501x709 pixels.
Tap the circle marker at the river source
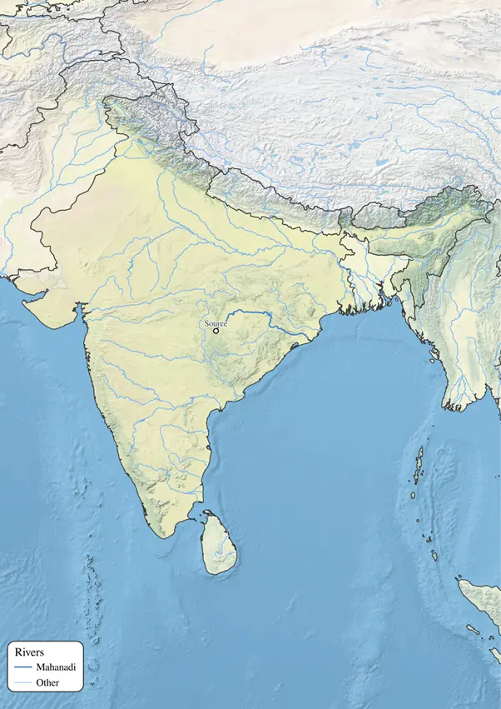[x=216, y=331]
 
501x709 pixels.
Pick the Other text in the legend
[x=48, y=683]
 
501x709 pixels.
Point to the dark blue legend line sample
[x=22, y=668]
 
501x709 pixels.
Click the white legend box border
[x=83, y=667]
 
